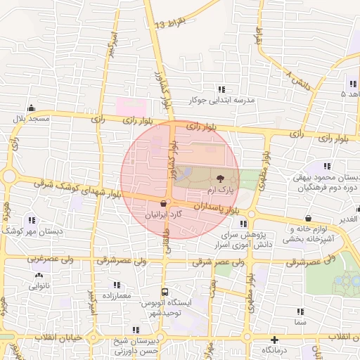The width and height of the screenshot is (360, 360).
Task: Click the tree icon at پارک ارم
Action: click(x=220, y=179)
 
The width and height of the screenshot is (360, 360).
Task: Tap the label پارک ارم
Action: click(x=220, y=191)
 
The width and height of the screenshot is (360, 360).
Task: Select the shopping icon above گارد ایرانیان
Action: click(x=163, y=202)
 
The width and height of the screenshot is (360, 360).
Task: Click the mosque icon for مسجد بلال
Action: click(x=31, y=108)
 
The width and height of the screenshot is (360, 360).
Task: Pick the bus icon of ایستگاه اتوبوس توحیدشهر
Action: click(x=165, y=291)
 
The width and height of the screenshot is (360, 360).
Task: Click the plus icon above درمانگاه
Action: click(x=274, y=339)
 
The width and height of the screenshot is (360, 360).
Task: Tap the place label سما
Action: click(x=301, y=321)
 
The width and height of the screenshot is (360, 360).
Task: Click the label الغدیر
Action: click(x=347, y=219)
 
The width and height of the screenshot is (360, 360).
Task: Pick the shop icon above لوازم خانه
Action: click(x=310, y=217)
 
